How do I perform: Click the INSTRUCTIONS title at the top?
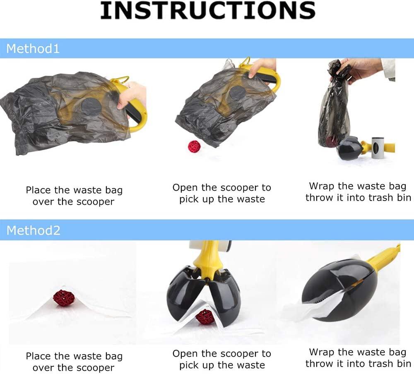click(x=207, y=11)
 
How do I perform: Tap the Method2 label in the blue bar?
click(x=34, y=230)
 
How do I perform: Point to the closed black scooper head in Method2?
click(x=339, y=290)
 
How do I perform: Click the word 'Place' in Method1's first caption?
click(x=39, y=190)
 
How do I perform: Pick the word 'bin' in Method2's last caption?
click(x=404, y=364)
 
